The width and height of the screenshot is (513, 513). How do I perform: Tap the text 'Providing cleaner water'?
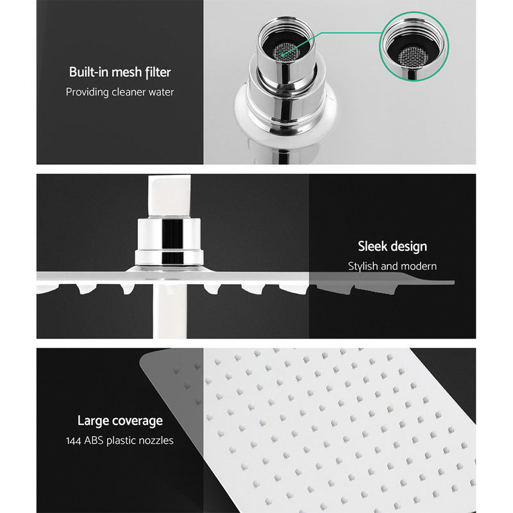120,92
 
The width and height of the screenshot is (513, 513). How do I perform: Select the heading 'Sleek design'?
392,246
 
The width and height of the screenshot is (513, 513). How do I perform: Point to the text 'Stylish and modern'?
392,265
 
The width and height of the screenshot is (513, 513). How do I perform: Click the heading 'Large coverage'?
120,421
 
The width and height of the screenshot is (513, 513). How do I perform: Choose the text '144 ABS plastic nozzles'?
120,441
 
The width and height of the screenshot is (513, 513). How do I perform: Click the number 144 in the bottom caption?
75,441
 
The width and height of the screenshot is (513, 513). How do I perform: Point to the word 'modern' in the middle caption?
419,265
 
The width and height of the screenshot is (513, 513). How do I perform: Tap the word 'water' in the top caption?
159,92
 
